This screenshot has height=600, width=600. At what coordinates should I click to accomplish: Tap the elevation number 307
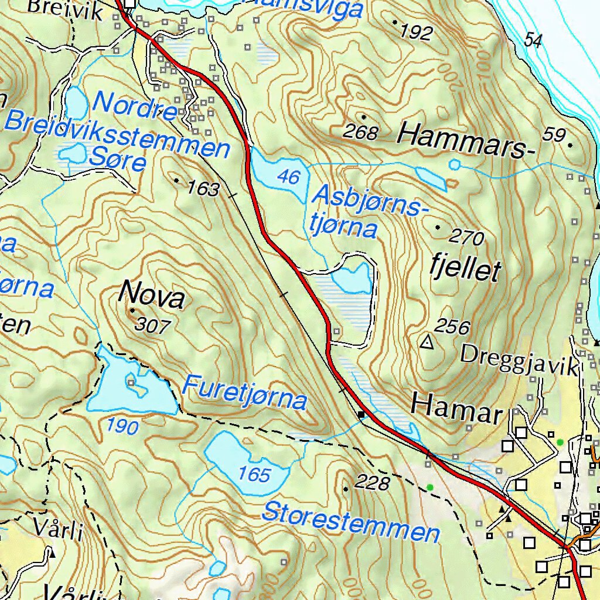coord(152,326)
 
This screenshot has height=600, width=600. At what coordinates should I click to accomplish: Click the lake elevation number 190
coord(123,427)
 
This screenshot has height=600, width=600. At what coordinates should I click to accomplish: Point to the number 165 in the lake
coord(254,474)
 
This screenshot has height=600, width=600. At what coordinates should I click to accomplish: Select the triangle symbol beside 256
coord(428,342)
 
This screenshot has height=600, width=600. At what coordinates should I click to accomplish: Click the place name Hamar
coord(456,406)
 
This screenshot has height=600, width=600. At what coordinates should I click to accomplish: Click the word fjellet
coord(465,270)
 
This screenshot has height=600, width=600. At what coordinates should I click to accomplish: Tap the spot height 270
coord(467,238)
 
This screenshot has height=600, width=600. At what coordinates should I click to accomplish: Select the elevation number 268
coord(360,132)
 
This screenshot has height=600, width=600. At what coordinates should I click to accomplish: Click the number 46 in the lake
coord(289,176)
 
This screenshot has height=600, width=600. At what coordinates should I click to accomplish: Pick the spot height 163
coord(203,189)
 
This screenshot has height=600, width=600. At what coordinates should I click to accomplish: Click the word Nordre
coord(135,105)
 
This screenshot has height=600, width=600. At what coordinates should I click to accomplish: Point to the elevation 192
coord(416,32)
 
